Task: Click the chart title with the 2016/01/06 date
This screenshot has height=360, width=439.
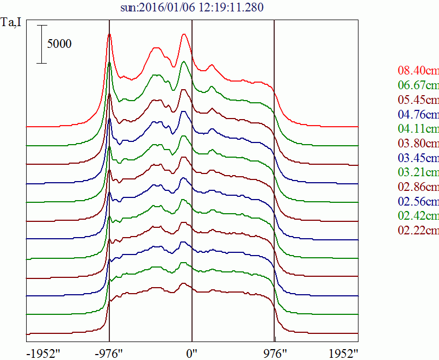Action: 192,7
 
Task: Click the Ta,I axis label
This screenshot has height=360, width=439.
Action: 11,22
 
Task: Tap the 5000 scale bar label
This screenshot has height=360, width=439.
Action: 59,44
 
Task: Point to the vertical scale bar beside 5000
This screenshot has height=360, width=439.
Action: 42,44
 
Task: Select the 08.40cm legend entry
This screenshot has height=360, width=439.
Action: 418,70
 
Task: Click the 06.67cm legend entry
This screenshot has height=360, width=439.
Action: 418,85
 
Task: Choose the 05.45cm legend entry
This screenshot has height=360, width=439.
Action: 418,100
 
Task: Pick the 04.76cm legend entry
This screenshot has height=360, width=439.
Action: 418,114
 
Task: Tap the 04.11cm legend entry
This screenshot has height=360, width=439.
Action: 418,128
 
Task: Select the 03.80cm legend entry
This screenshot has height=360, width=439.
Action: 418,143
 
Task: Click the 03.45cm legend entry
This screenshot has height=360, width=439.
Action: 418,158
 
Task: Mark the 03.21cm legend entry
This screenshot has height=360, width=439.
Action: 418,172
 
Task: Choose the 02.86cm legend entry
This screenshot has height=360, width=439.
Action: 418,187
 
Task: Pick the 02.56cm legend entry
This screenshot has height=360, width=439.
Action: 418,201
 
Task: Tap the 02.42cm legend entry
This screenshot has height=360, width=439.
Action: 418,215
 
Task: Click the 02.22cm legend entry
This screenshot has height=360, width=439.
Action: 418,230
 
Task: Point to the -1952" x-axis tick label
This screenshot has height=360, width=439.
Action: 44,354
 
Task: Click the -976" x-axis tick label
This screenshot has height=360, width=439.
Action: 109,354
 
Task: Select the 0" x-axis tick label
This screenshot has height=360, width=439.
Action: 191,354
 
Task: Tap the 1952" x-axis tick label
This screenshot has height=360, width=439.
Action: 343,354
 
